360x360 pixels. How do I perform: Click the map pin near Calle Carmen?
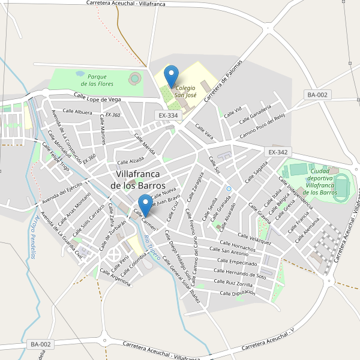[145, 205]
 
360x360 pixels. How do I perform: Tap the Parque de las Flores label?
[97, 80]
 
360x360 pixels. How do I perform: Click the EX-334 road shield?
[168, 115]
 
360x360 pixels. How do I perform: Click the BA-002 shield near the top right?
[317, 95]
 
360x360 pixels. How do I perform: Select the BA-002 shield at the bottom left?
[41, 344]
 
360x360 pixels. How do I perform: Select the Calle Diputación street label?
[238, 293]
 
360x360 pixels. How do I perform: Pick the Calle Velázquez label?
[254, 239]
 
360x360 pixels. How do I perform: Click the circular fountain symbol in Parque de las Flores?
[134, 77]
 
